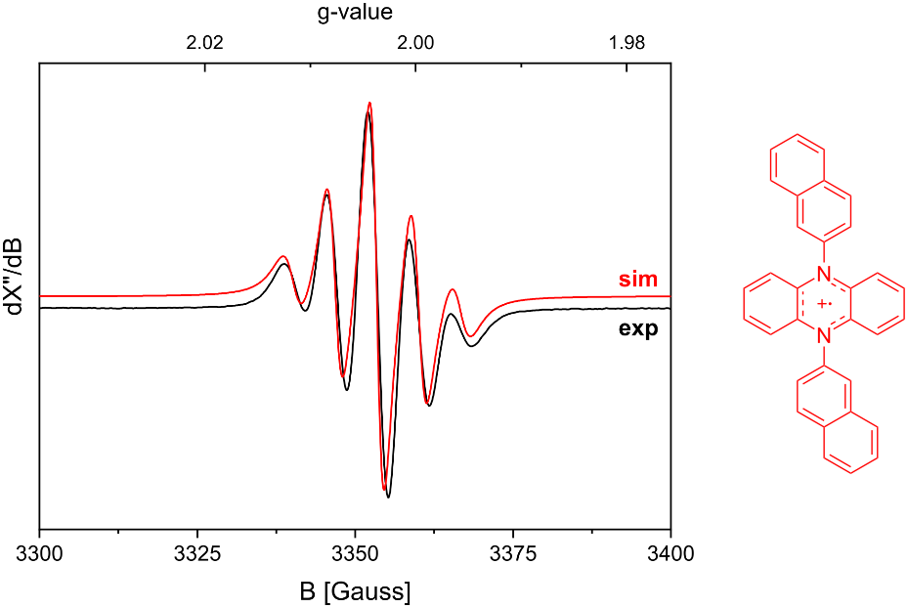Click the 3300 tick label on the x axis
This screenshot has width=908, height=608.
coord(39,553)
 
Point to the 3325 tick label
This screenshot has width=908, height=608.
coord(196,553)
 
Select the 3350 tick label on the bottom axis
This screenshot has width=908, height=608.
coord(355,553)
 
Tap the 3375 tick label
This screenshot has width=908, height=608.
coord(512,553)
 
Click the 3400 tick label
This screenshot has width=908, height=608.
coord(670,553)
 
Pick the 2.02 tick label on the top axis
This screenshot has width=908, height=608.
coord(205,42)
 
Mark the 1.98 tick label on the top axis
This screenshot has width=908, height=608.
coord(627,42)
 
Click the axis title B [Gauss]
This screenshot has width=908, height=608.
coord(354,590)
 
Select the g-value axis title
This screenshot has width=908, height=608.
coord(354,13)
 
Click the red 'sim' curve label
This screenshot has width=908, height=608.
coord(636,280)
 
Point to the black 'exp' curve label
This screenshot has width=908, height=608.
coord(637,328)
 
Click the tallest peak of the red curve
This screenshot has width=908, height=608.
coord(369,103)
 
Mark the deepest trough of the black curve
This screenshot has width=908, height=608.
coord(388,497)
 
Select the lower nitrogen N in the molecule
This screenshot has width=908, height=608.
coord(824,337)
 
